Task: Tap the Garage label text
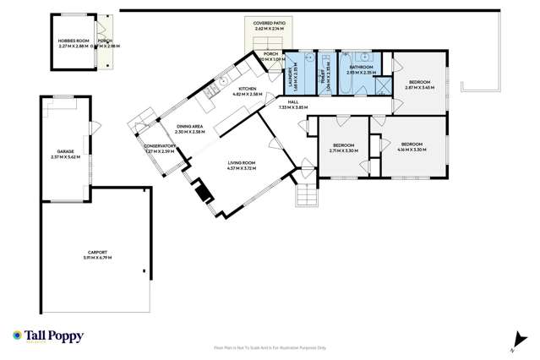tap(64, 152)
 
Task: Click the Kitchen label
tap(247, 89)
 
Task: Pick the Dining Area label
tap(190, 127)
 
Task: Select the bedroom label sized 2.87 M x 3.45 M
tap(419, 84)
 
